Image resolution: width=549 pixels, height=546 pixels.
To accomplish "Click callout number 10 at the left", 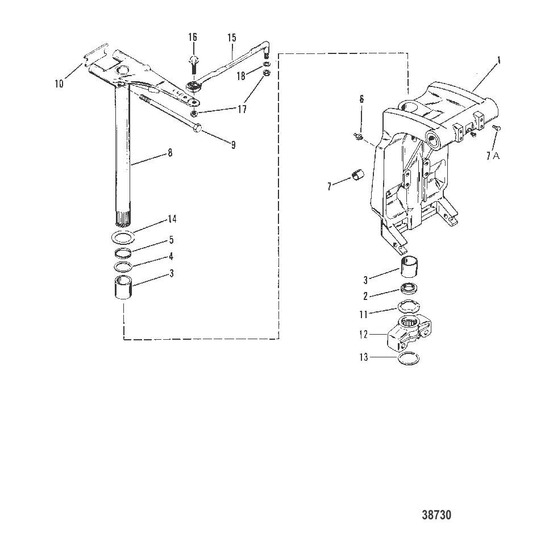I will coord(59,84).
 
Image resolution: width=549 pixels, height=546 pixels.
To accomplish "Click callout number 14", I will coord(172,219).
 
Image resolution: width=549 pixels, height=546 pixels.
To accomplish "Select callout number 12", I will coord(364,335).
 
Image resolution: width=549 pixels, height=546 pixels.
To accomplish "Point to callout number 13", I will coord(364,357).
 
